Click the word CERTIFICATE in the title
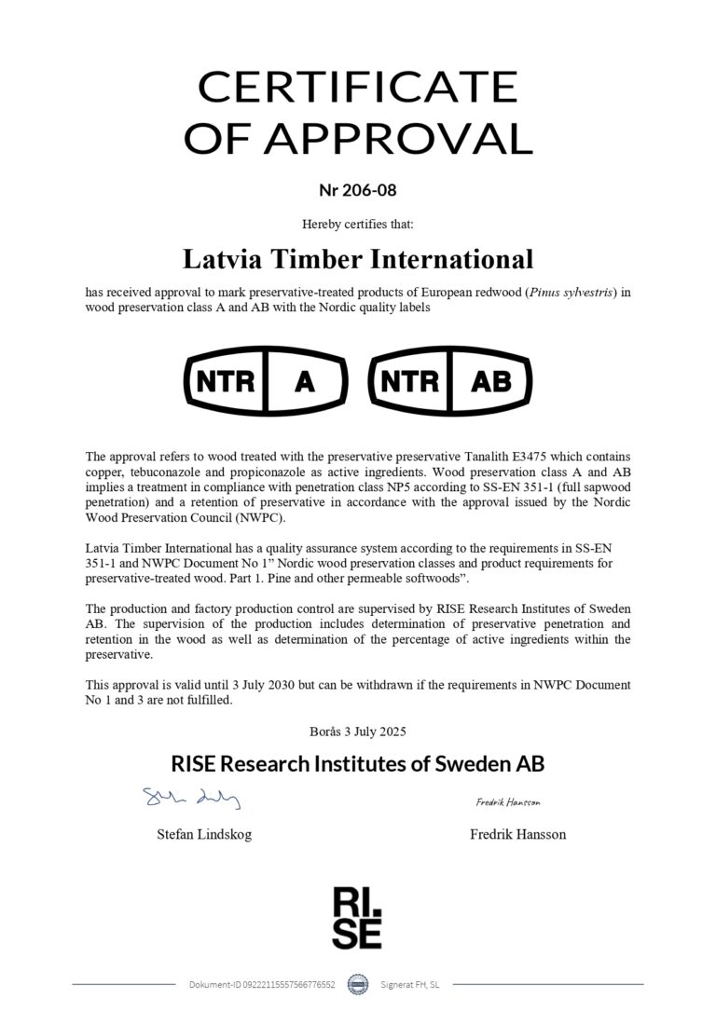click(x=357, y=88)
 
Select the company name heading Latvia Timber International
click(x=357, y=258)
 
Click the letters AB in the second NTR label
click(x=491, y=381)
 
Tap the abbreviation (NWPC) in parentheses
click(x=286, y=518)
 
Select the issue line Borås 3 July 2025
click(x=357, y=731)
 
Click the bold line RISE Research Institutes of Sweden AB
click(x=357, y=764)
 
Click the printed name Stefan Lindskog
click(x=203, y=834)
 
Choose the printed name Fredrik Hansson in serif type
click(x=517, y=834)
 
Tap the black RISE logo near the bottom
click(x=357, y=917)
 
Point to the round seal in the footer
click(x=357, y=984)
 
